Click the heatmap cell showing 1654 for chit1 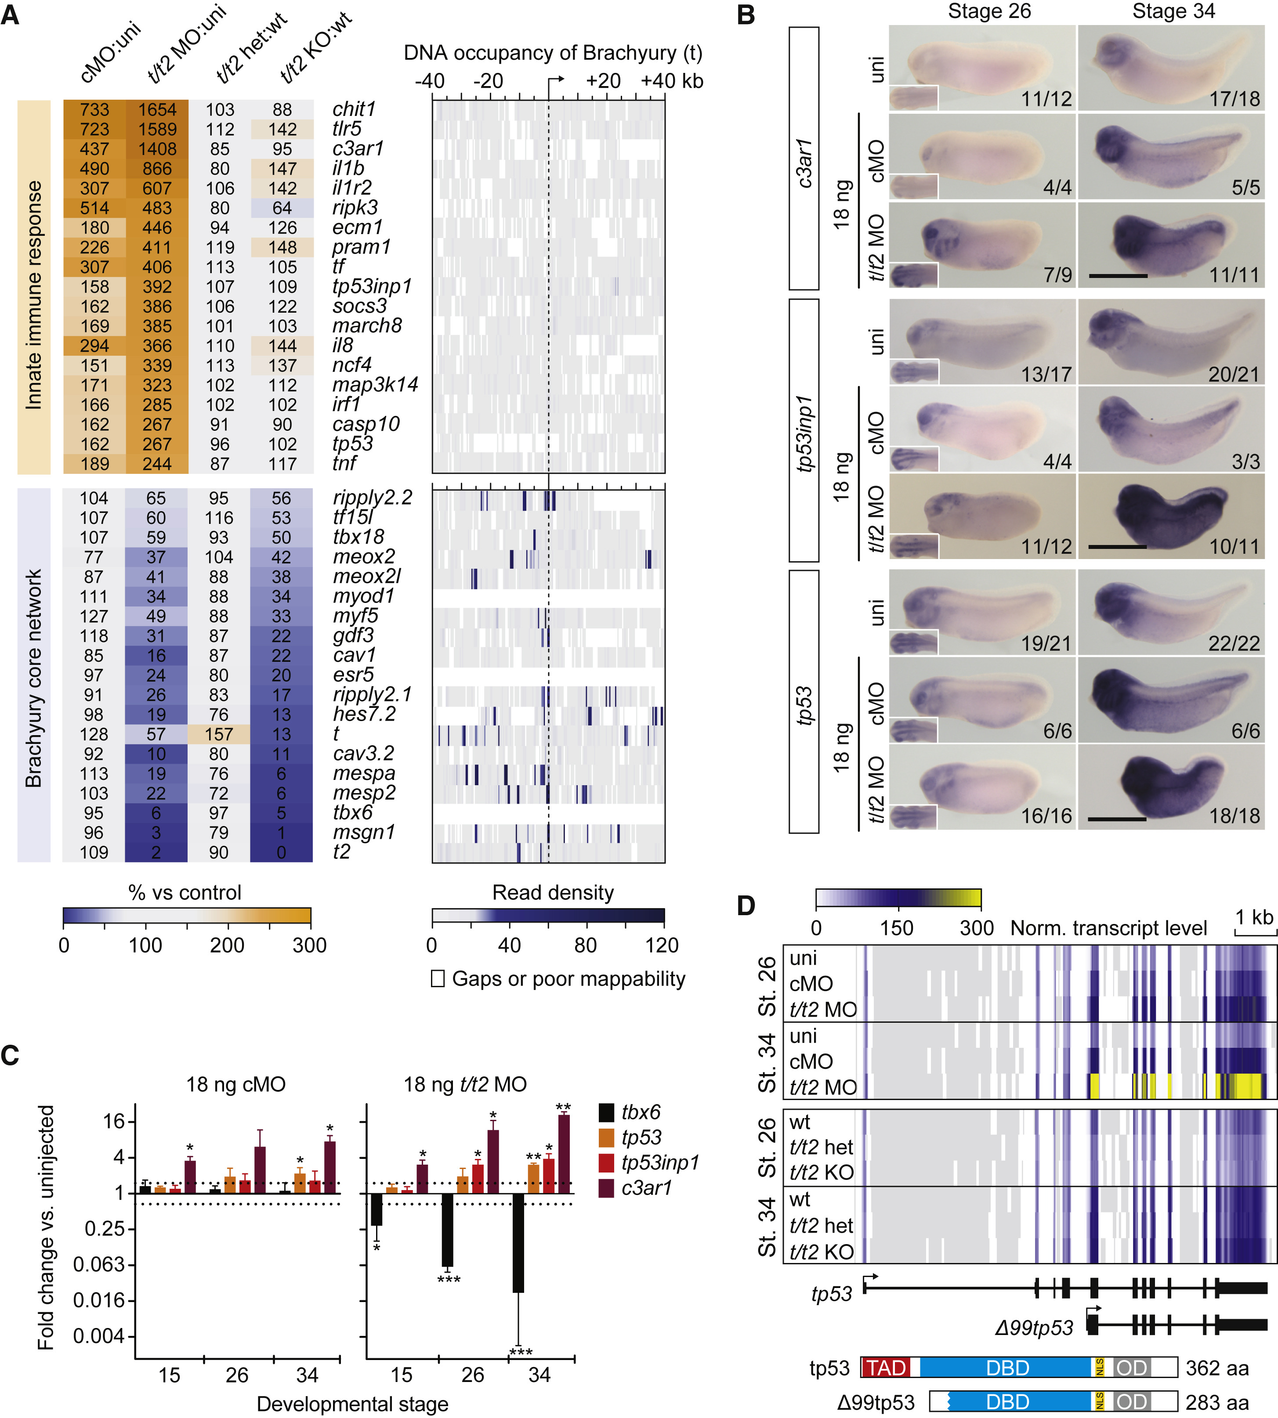tap(156, 109)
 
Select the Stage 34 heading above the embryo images tap(1173, 11)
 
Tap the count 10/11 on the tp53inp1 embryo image tap(1234, 546)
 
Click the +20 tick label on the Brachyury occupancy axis tap(603, 81)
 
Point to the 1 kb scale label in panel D tap(1254, 917)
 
